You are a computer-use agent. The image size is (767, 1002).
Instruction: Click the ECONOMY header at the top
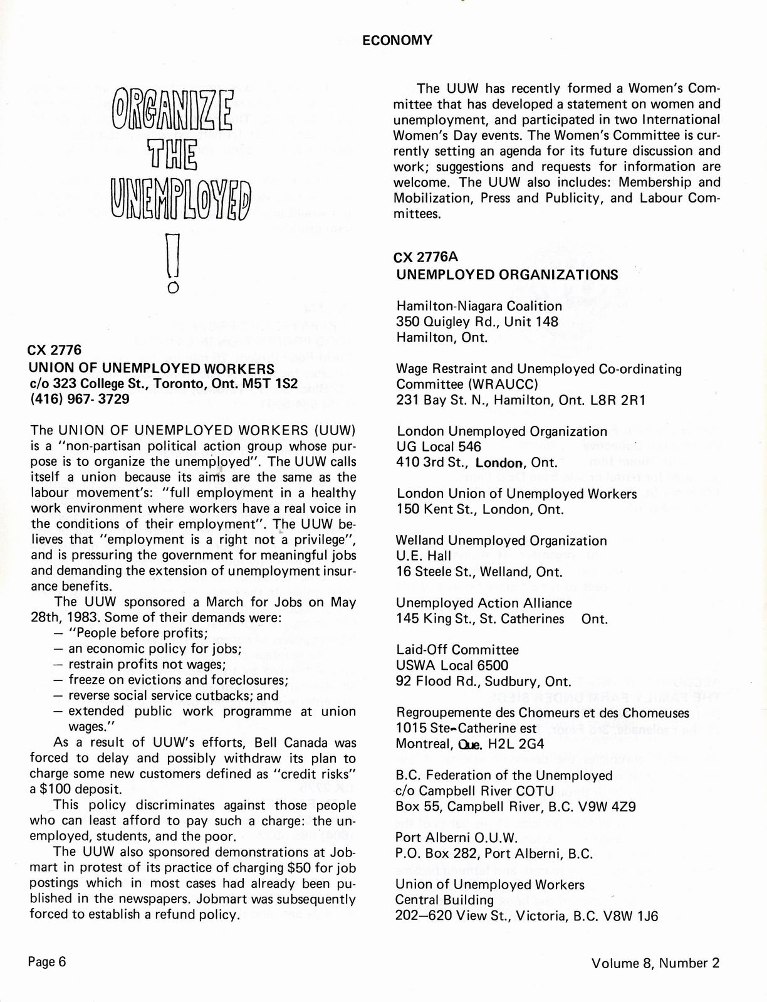[x=397, y=40]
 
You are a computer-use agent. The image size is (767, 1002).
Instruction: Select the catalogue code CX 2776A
[x=426, y=257]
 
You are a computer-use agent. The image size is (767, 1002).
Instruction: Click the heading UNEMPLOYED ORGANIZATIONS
[x=507, y=275]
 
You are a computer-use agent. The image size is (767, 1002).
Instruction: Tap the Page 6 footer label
[x=47, y=962]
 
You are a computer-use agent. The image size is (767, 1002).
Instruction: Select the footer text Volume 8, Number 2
[x=655, y=963]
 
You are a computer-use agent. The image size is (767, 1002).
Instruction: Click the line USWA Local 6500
[x=452, y=665]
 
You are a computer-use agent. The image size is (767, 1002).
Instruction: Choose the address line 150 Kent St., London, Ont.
[x=479, y=509]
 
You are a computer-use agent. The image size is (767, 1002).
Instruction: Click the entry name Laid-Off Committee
[x=457, y=650]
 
